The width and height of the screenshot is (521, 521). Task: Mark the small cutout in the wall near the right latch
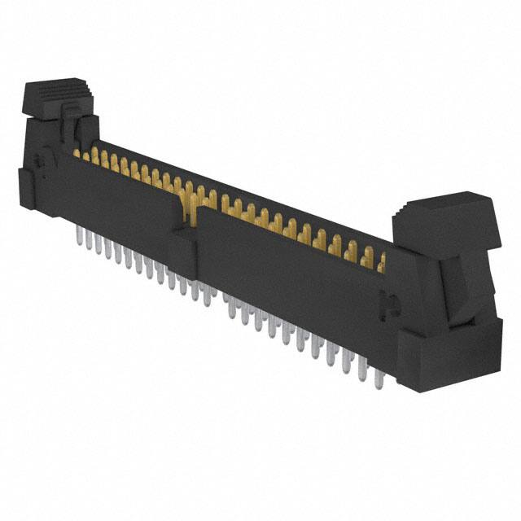pyautogui.click(x=390, y=307)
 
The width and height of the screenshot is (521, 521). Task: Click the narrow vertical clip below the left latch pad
pyautogui.click(x=69, y=130)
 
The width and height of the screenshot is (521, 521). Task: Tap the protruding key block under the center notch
pyautogui.click(x=184, y=252)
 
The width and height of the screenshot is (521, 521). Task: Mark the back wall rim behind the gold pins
pyautogui.click(x=244, y=195)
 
